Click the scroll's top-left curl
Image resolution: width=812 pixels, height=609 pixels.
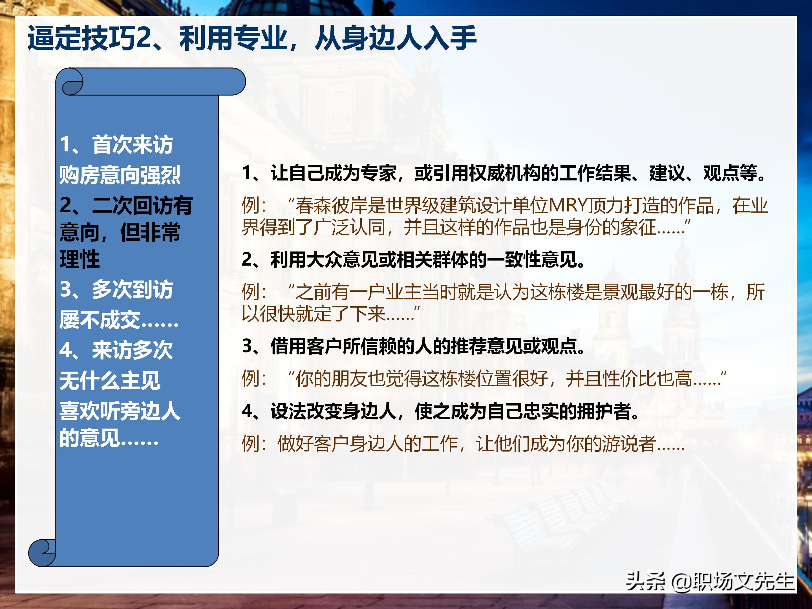click(x=72, y=85)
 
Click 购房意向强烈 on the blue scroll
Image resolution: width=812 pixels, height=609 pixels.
click(x=120, y=175)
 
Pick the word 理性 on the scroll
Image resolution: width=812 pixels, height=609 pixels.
click(x=80, y=259)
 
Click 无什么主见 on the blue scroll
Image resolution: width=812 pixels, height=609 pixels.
click(x=110, y=380)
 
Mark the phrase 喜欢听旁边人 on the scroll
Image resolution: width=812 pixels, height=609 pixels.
click(x=120, y=411)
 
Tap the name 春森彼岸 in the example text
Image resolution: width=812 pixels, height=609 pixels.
click(x=332, y=206)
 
